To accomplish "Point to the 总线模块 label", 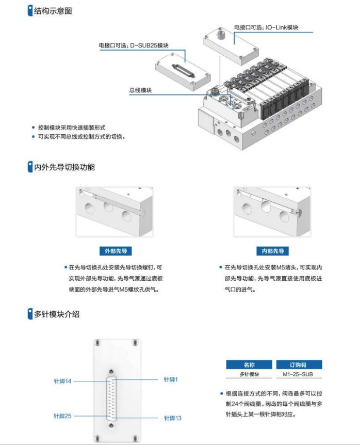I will (140, 90).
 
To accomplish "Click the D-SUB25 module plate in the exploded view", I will (181, 69).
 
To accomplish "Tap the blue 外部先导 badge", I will (114, 251).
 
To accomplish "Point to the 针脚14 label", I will (62, 381).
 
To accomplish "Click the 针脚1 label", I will (170, 379).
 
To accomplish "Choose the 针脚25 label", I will (62, 416).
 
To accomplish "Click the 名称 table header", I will (249, 364).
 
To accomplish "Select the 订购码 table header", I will (299, 364).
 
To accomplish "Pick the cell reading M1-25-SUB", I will (299, 374).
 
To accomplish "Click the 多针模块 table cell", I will (249, 374).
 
